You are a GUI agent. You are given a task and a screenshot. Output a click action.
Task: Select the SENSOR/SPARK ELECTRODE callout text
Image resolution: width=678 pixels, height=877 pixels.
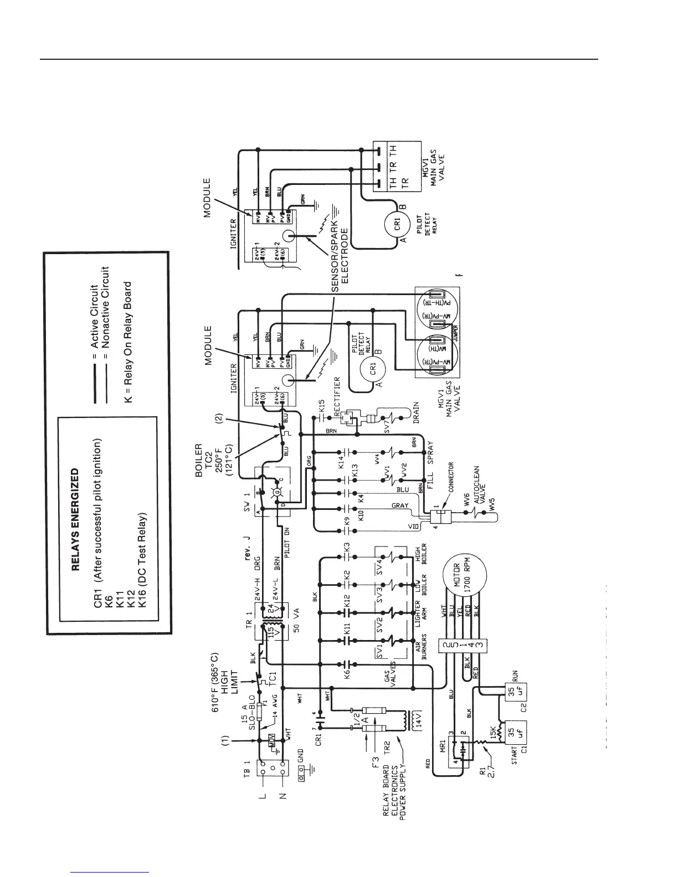(339, 252)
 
